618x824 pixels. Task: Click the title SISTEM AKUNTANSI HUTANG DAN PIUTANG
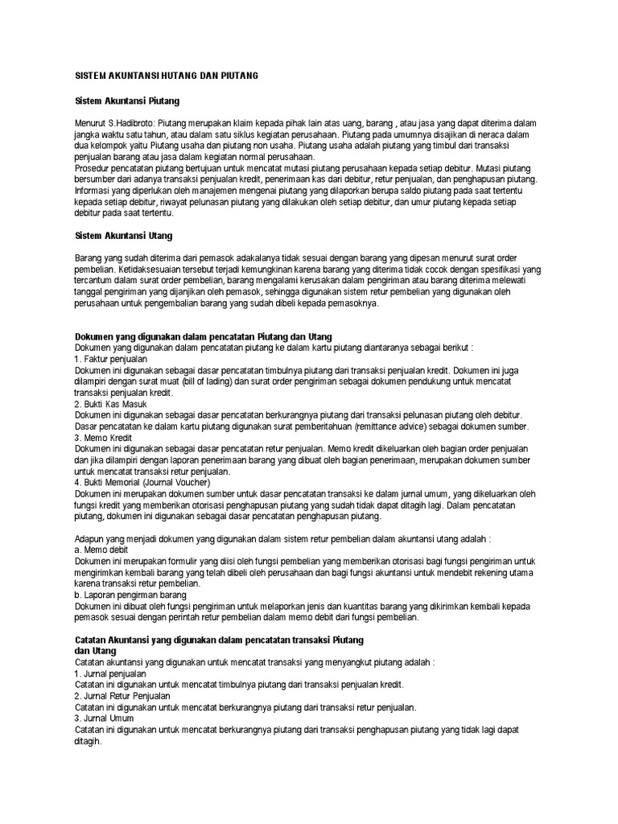(x=166, y=75)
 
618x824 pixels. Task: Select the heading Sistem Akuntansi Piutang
(x=126, y=101)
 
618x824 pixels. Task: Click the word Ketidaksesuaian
(x=142, y=270)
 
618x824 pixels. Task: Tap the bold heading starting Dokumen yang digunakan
(x=203, y=335)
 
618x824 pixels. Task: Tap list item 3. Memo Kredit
(x=103, y=436)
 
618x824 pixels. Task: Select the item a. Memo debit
(x=101, y=549)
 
